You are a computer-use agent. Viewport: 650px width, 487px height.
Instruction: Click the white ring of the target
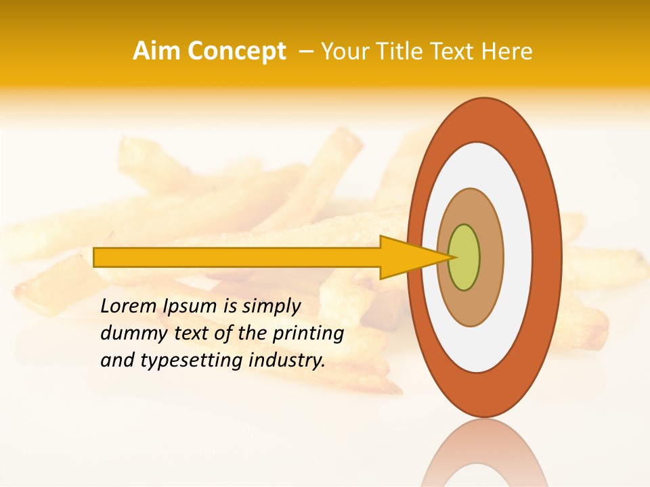[517, 257]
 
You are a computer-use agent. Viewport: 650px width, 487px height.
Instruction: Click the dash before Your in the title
[305, 51]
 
